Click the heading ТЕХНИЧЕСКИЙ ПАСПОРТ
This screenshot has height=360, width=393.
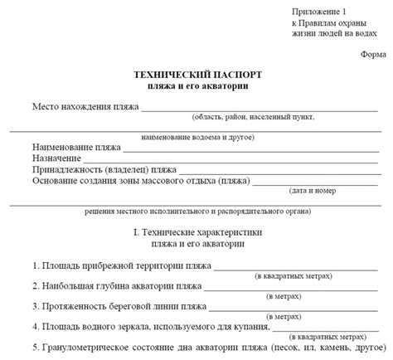tap(196, 74)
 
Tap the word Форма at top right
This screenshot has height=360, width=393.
tap(373, 54)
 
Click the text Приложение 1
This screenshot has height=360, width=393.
tap(318, 11)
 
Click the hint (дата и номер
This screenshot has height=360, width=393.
tap(312, 190)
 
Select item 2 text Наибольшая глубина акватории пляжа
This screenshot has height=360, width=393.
tap(119, 285)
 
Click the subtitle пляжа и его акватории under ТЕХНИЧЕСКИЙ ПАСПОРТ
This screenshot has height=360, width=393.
tap(196, 85)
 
